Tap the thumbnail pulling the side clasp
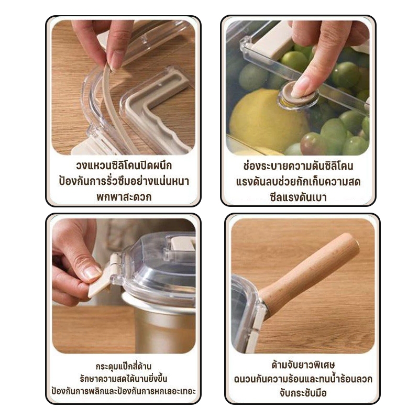[x=92, y=272]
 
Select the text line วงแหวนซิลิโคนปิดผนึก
[x=124, y=166]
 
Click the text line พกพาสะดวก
[x=124, y=197]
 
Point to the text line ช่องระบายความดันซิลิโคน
[x=298, y=166]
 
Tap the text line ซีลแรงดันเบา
[x=298, y=197]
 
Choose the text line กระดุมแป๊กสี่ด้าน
[x=124, y=366]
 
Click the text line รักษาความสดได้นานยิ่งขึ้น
[x=124, y=378]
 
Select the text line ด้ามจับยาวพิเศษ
[x=303, y=365]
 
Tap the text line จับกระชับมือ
[x=303, y=393]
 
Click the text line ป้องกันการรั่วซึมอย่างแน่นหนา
[x=124, y=181]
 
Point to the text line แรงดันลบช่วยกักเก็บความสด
[x=298, y=182]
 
